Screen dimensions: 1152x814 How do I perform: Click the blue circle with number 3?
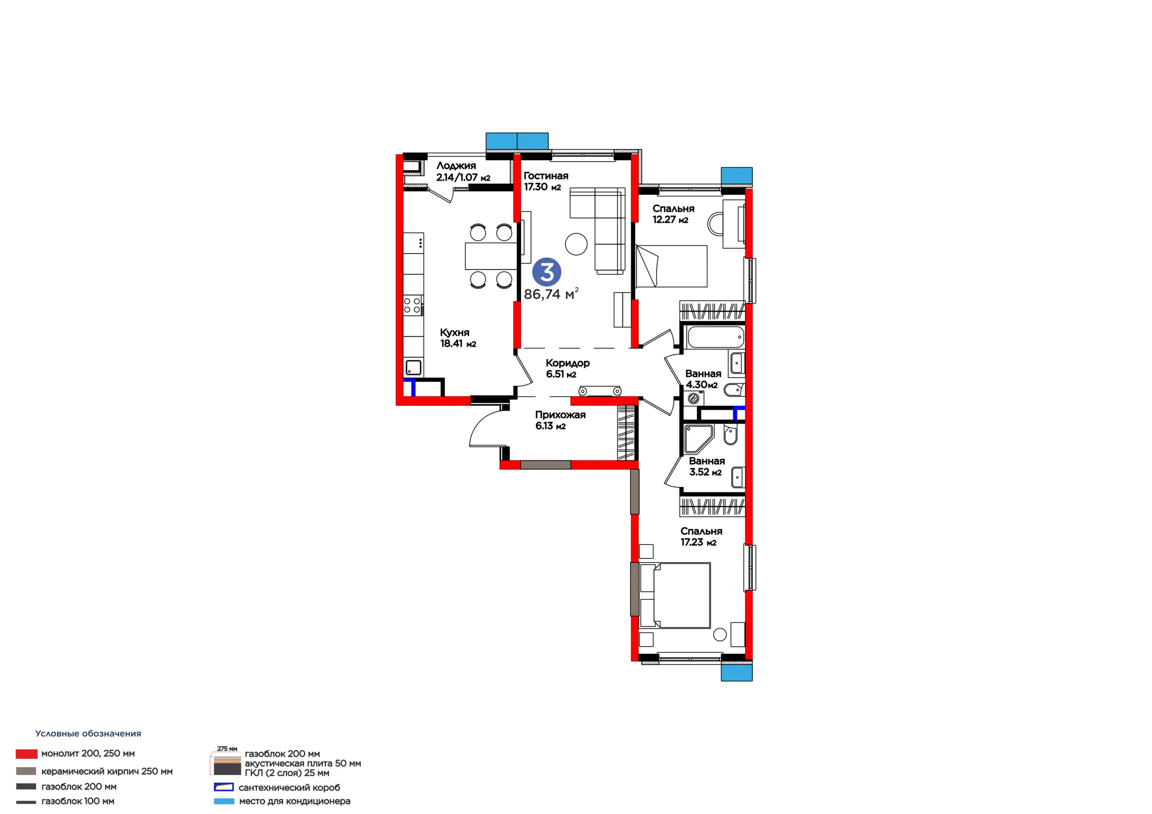(x=546, y=273)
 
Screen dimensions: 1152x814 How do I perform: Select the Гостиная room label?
(x=546, y=176)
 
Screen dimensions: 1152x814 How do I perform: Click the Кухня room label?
(x=454, y=332)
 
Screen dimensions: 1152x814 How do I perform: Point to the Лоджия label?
(x=456, y=166)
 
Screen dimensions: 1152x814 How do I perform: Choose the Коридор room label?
(x=567, y=363)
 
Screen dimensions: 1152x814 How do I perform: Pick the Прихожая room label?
(x=560, y=415)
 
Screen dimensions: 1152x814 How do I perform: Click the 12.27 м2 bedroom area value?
(x=670, y=219)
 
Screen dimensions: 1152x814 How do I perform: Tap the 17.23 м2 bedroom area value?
(x=698, y=542)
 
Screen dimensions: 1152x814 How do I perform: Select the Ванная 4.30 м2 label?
(x=703, y=379)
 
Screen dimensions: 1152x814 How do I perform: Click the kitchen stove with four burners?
(x=413, y=305)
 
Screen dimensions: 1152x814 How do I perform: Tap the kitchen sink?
(x=414, y=367)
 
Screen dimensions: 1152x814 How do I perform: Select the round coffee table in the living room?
(x=576, y=244)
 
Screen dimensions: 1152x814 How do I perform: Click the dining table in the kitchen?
(x=491, y=256)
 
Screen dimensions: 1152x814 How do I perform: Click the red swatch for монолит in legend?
(x=27, y=754)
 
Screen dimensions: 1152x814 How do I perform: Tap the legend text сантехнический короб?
(x=289, y=787)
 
